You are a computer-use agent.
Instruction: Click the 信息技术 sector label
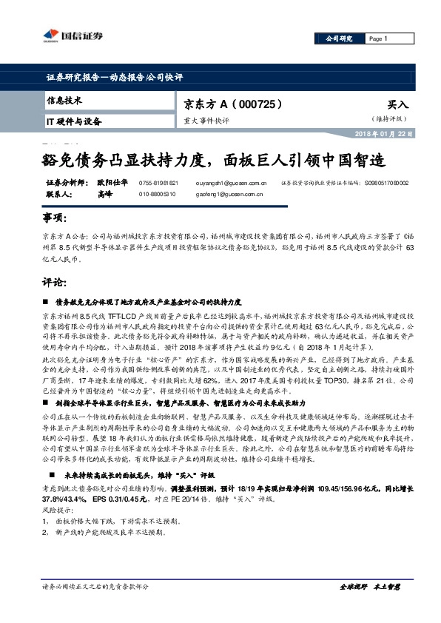64,100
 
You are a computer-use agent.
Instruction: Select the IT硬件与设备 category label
74,121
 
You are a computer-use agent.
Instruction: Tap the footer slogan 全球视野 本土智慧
369,607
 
